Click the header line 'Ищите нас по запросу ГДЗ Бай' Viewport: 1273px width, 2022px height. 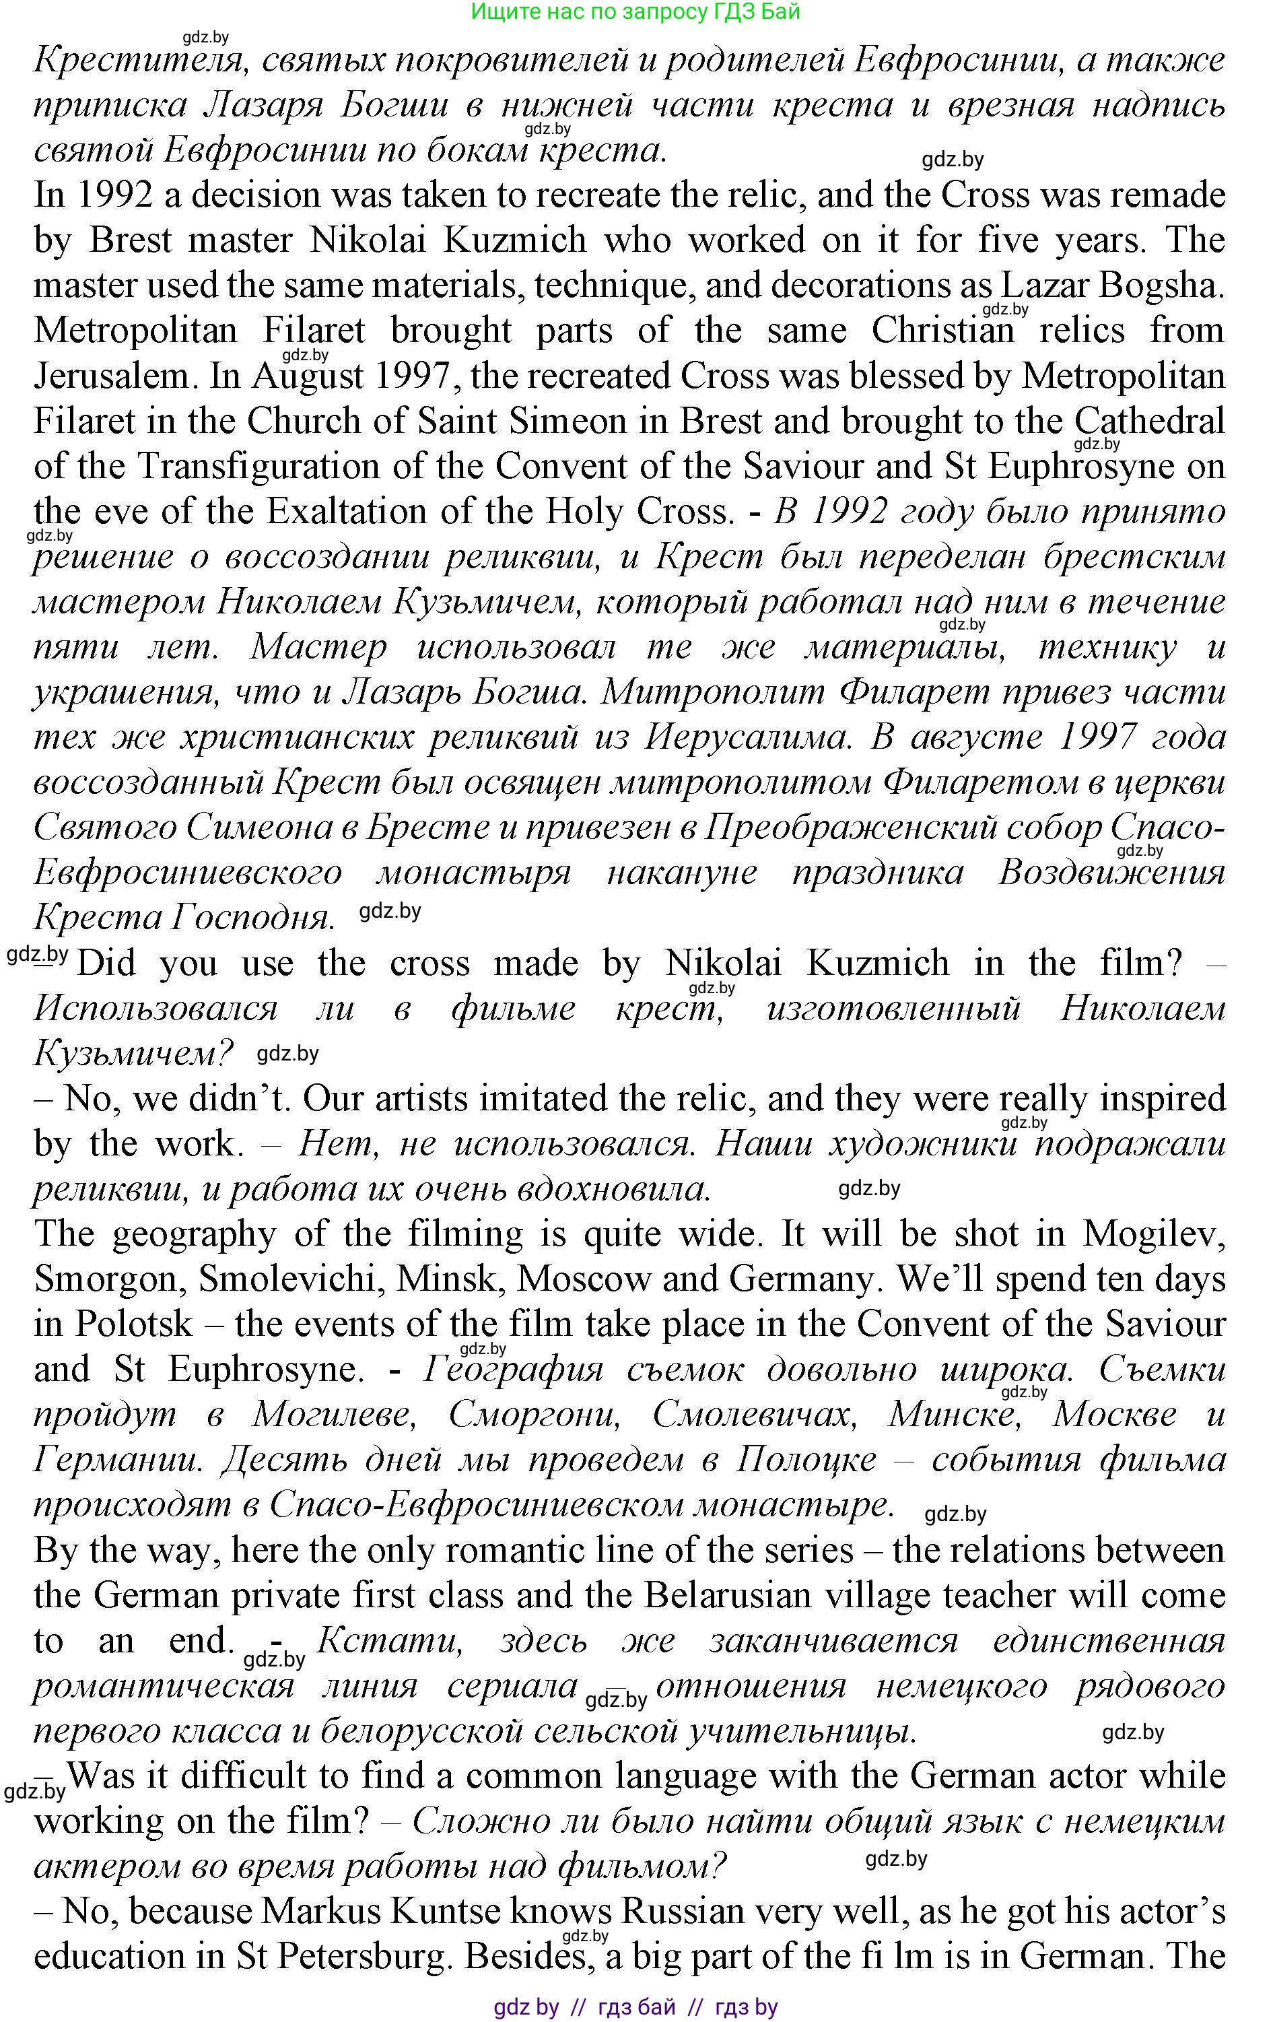click(635, 11)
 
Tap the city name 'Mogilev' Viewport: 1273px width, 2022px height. click(1154, 1234)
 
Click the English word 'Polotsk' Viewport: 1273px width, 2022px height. click(135, 1324)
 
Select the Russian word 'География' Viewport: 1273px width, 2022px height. click(513, 1370)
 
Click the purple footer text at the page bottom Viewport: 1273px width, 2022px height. click(635, 2007)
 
